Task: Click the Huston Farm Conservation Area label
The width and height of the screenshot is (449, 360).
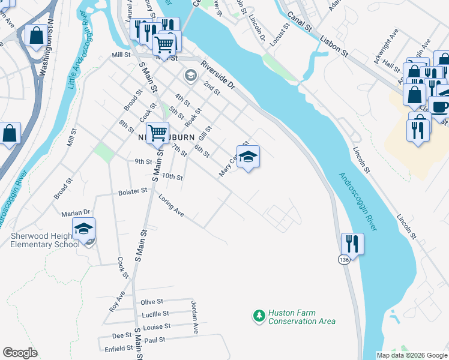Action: pyautogui.click(x=301, y=317)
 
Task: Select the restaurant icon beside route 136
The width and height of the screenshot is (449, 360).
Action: pyautogui.click(x=352, y=244)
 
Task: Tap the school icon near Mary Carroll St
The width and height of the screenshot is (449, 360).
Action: pyautogui.click(x=248, y=157)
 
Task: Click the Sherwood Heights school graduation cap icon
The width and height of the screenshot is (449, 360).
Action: pyautogui.click(x=84, y=229)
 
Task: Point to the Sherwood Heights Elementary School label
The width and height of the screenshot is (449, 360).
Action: pyautogui.click(x=45, y=240)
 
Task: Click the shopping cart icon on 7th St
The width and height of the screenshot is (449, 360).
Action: pyautogui.click(x=157, y=133)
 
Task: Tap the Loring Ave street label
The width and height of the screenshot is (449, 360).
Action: pyautogui.click(x=171, y=205)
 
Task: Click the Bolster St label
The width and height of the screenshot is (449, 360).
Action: pyautogui.click(x=133, y=191)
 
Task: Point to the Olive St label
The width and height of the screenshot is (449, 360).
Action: pyautogui.click(x=152, y=302)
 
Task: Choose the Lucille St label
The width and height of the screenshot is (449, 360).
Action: pyautogui.click(x=155, y=314)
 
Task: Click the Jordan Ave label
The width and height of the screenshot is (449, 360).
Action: pyautogui.click(x=194, y=317)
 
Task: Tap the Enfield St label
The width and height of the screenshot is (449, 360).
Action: pyautogui.click(x=118, y=348)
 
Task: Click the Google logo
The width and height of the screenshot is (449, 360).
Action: pyautogui.click(x=20, y=353)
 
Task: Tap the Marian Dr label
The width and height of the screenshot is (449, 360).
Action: pyautogui.click(x=75, y=213)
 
